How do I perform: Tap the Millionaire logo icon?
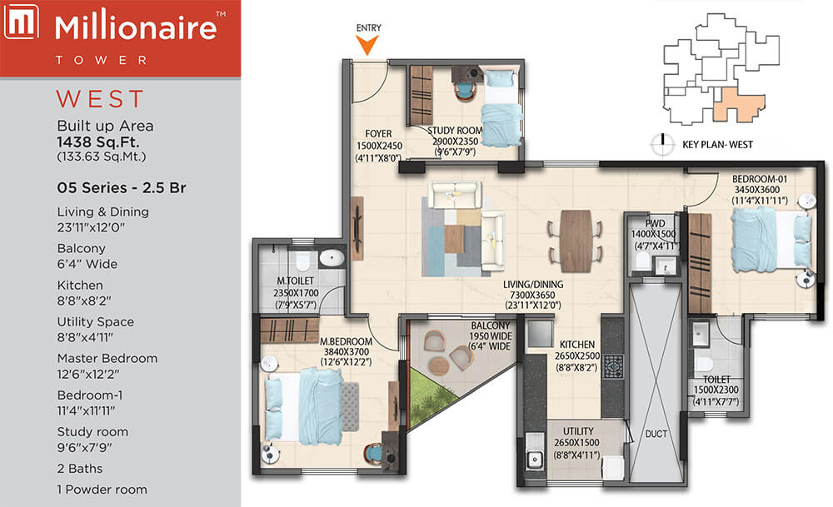point(22,22)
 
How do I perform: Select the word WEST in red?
point(101,99)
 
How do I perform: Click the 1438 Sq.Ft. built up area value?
point(98,142)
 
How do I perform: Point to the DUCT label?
point(656,434)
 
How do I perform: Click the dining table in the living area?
point(576,241)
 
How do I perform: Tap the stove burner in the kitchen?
point(614,367)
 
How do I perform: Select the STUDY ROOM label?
point(456,130)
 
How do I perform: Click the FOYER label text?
point(378,134)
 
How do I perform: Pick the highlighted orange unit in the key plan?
point(736,105)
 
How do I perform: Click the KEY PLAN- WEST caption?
point(717,144)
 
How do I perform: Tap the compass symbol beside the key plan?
point(662,144)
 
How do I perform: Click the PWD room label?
point(655,223)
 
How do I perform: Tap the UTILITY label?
point(578,431)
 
